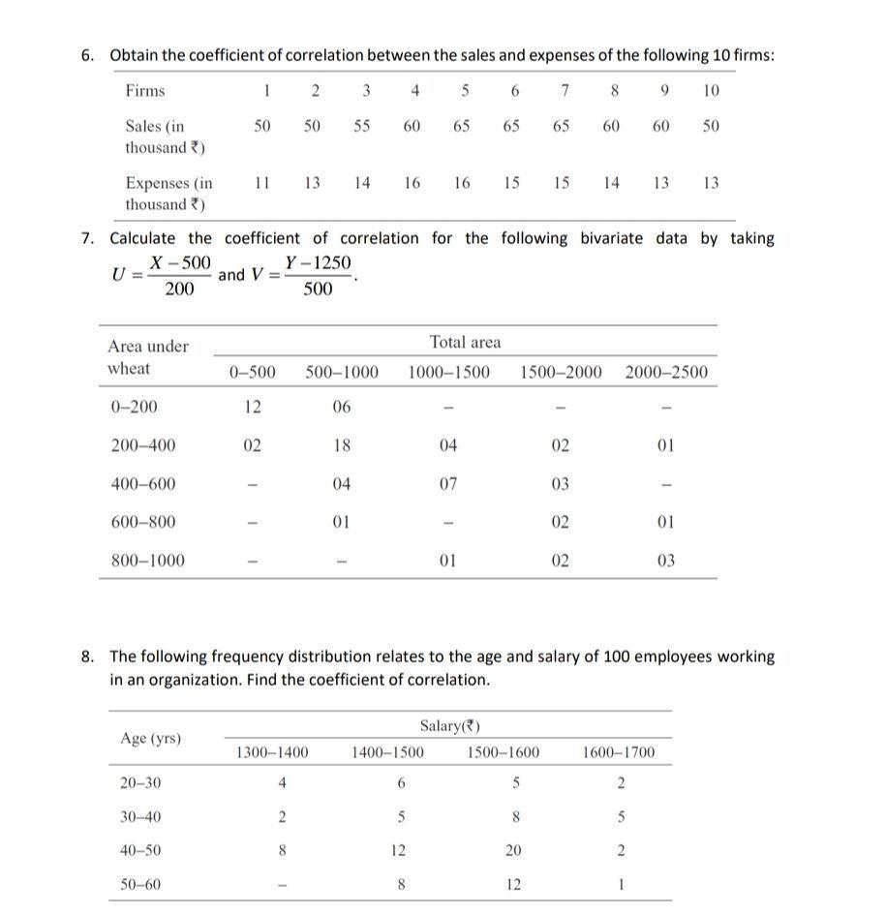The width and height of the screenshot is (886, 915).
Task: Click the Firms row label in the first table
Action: pyautogui.click(x=144, y=91)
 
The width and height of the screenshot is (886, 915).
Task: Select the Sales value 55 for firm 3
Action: pyautogui.click(x=361, y=126)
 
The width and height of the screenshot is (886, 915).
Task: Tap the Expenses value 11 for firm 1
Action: pyautogui.click(x=261, y=182)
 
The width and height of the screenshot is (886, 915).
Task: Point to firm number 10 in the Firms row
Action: pyautogui.click(x=711, y=91)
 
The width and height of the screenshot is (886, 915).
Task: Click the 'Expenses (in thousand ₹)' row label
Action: pyautogui.click(x=168, y=193)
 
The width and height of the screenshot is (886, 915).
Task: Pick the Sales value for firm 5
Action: pyautogui.click(x=461, y=126)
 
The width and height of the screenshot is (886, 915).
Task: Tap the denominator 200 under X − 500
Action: pyautogui.click(x=179, y=290)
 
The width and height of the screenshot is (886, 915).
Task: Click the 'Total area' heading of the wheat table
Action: pyautogui.click(x=465, y=342)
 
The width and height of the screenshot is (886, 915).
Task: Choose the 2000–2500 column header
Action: pyautogui.click(x=666, y=373)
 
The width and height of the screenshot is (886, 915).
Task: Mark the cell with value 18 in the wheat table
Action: pyautogui.click(x=341, y=445)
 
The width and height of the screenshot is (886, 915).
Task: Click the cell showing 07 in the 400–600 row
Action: pyautogui.click(x=447, y=484)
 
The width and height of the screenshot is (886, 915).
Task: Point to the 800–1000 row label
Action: pyautogui.click(x=147, y=561)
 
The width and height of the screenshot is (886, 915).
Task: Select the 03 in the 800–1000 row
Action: pyautogui.click(x=665, y=561)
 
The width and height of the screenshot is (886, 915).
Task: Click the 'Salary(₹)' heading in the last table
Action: pyautogui.click(x=450, y=726)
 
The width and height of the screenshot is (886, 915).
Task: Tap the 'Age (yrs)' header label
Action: pyautogui.click(x=150, y=739)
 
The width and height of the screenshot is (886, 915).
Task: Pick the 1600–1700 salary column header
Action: pyautogui.click(x=620, y=752)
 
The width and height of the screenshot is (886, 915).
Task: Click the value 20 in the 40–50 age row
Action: pyautogui.click(x=513, y=851)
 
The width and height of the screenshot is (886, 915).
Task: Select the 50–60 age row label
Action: pyautogui.click(x=140, y=885)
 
